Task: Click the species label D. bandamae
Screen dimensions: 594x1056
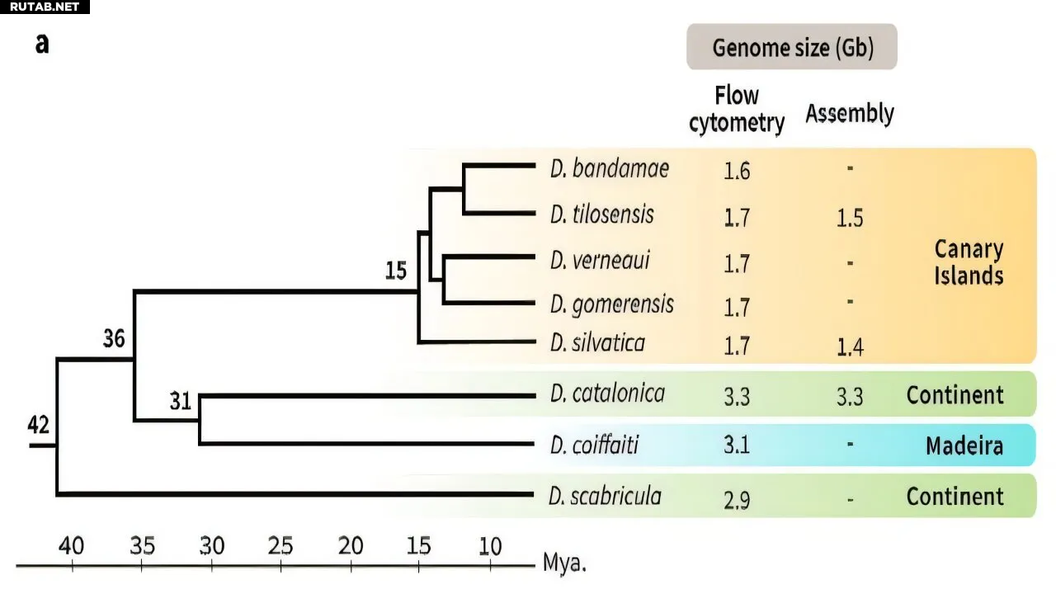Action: (609, 169)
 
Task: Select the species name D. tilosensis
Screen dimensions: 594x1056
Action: (601, 214)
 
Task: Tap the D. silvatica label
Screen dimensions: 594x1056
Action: (597, 342)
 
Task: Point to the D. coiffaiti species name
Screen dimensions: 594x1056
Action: (594, 446)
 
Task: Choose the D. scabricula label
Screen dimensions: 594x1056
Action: (605, 496)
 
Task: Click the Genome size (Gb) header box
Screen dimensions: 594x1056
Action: (792, 47)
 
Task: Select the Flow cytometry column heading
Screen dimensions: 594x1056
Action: (737, 109)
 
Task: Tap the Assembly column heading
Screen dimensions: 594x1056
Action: (850, 113)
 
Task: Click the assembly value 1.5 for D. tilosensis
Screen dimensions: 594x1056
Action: (849, 219)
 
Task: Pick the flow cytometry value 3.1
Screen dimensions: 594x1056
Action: (737, 446)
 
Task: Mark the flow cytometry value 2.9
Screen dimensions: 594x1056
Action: (737, 499)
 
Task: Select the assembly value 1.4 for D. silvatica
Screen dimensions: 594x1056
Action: (849, 347)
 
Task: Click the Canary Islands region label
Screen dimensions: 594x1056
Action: (969, 262)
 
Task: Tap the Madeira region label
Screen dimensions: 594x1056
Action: (964, 446)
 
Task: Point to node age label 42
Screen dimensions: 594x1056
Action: (38, 425)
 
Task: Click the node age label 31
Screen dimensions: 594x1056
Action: (181, 402)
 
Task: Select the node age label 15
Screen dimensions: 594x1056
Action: (397, 271)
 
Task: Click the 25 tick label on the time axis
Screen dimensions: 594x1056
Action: (280, 545)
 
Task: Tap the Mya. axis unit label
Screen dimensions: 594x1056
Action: (564, 563)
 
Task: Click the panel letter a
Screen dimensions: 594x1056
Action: (42, 44)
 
